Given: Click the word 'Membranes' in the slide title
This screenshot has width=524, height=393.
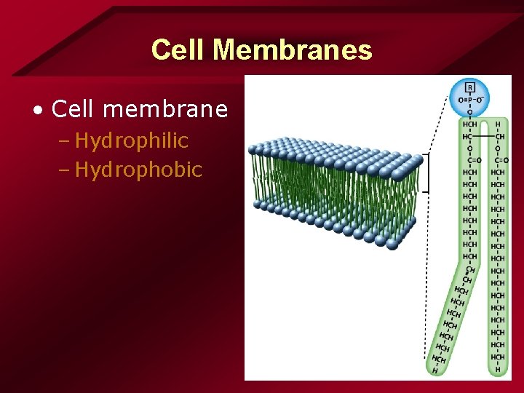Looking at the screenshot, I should (293, 50).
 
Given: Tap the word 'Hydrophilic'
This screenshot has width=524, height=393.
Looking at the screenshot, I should (132, 140).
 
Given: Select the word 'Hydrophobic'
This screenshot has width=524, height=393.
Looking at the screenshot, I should (138, 170).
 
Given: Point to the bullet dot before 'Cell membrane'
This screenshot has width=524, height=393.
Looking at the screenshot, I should (38, 111).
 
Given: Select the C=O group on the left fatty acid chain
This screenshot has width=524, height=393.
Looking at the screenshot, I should (472, 161).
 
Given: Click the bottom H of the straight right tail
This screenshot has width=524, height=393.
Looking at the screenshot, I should (498, 370).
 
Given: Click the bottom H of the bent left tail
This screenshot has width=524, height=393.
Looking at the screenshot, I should (434, 370).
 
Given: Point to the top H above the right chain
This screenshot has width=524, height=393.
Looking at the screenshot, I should (498, 124).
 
